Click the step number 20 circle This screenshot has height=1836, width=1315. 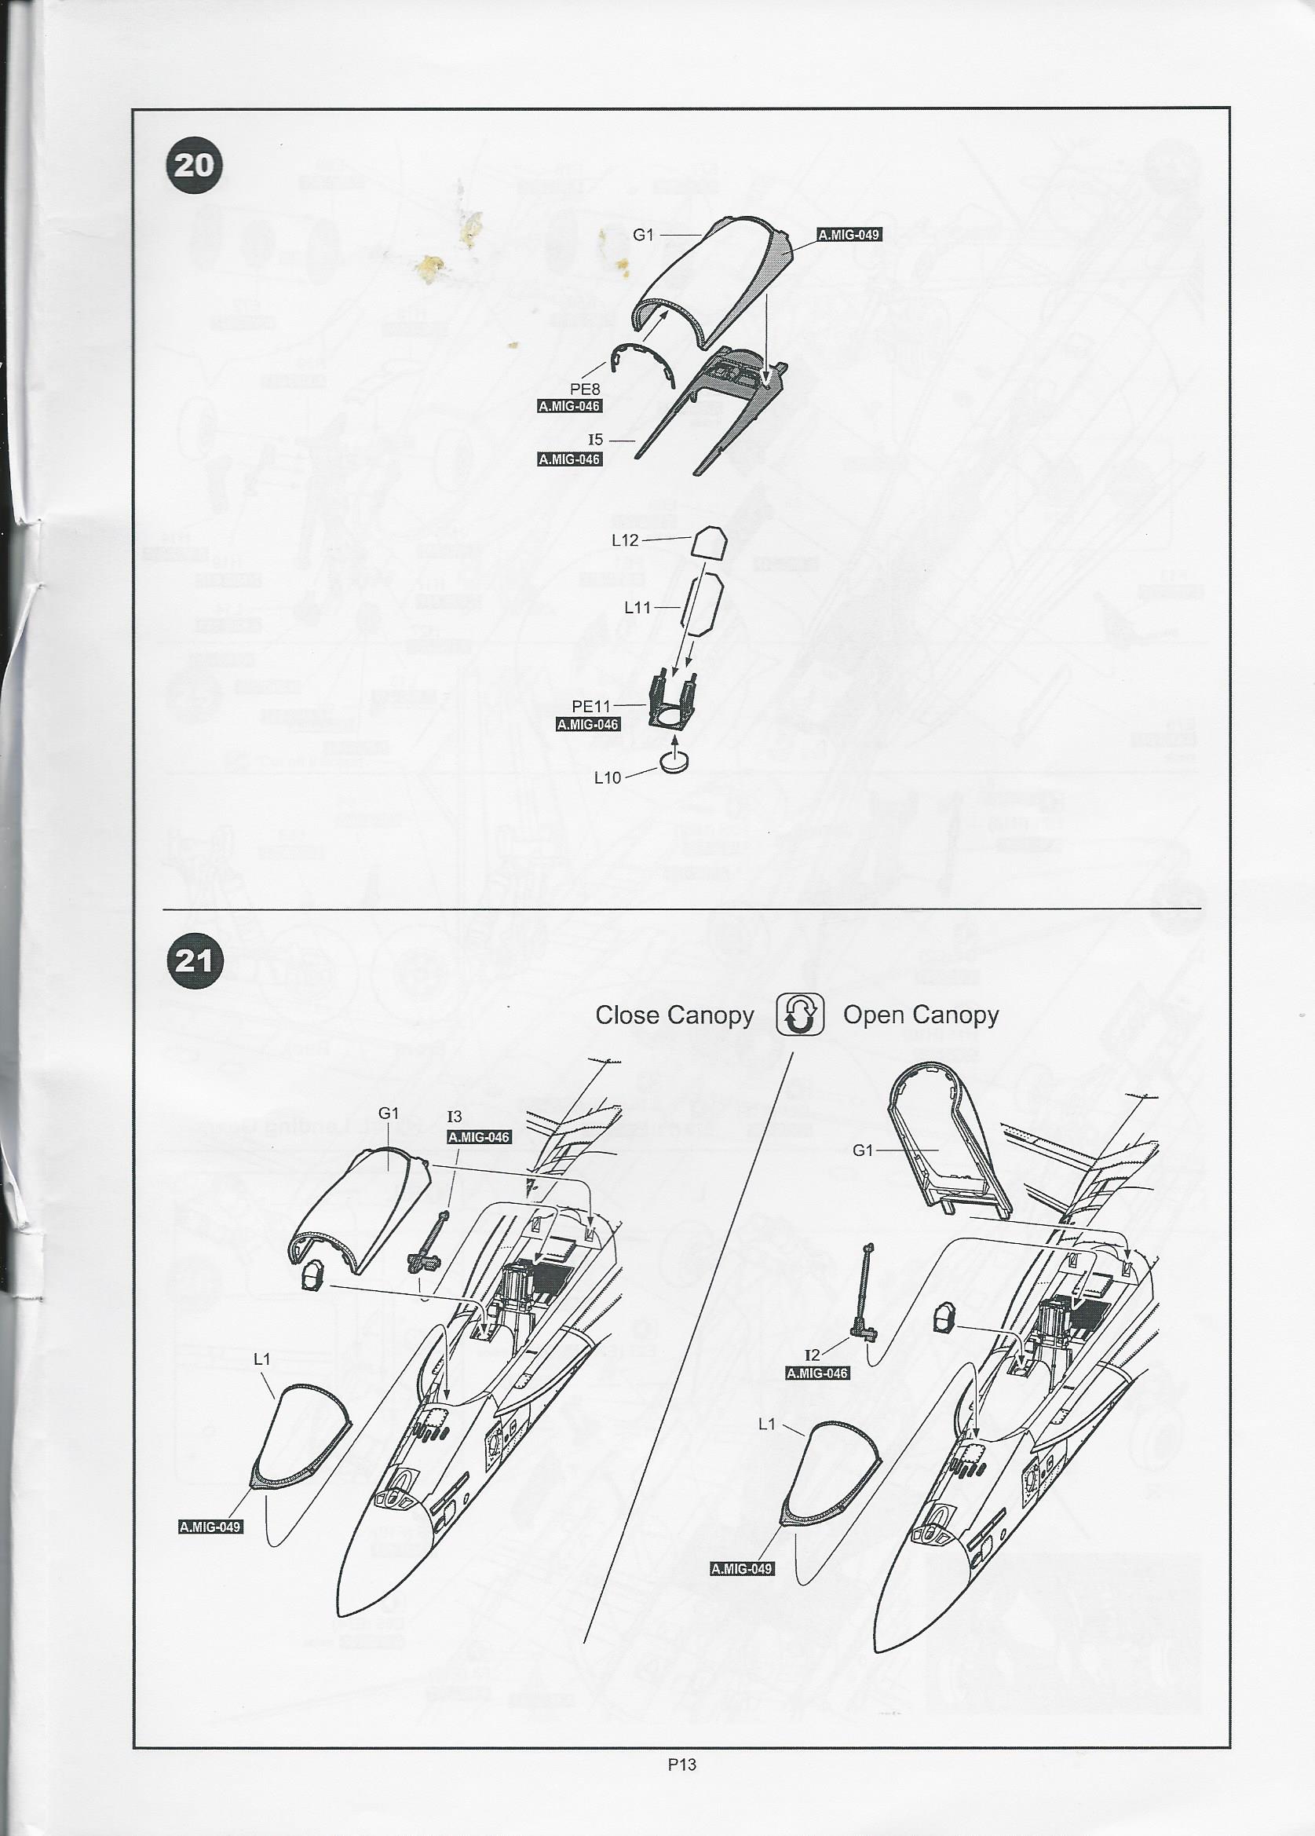pyautogui.click(x=194, y=166)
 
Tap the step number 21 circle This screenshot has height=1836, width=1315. pyautogui.click(x=194, y=961)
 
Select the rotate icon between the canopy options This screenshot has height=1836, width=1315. pyautogui.click(x=799, y=1015)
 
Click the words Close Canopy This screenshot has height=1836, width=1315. pyautogui.click(x=674, y=1015)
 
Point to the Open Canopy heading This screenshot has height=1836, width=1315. pyautogui.click(x=921, y=1015)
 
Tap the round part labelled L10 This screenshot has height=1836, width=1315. pyautogui.click(x=674, y=762)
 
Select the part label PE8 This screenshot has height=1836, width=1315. pyautogui.click(x=585, y=390)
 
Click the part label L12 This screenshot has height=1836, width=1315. pyautogui.click(x=625, y=540)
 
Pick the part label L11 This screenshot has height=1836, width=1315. pyautogui.click(x=637, y=606)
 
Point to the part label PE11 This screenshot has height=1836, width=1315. pyautogui.click(x=590, y=707)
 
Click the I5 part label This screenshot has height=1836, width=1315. pyautogui.click(x=596, y=441)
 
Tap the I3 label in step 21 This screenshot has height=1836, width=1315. pyautogui.click(x=455, y=1117)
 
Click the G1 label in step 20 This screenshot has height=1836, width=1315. pyautogui.click(x=642, y=235)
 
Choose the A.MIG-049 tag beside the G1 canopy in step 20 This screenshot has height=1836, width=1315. pyautogui.click(x=848, y=235)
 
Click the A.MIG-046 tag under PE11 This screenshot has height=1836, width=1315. pyautogui.click(x=587, y=725)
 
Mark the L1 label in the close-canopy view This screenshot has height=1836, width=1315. pyautogui.click(x=261, y=1359)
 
